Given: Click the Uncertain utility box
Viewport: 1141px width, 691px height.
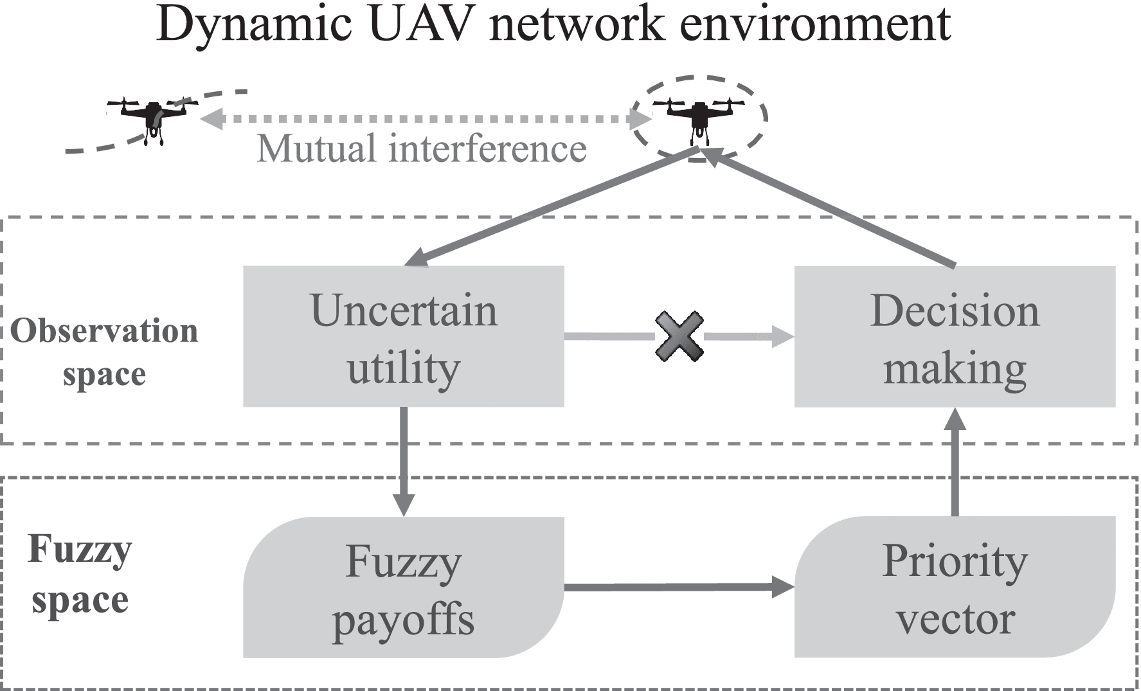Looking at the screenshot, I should (x=403, y=336).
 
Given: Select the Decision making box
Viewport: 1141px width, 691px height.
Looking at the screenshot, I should (x=955, y=336).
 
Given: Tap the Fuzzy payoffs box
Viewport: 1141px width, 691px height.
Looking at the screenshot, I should (x=403, y=587).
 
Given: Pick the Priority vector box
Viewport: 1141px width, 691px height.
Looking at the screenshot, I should (x=955, y=587).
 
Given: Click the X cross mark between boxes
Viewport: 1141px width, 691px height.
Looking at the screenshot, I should (x=679, y=336).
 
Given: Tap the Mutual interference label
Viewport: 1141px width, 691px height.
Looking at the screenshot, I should (x=422, y=149).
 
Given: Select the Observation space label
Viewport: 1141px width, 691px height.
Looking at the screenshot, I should (x=104, y=352).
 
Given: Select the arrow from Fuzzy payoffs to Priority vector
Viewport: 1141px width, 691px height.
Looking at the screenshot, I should (x=678, y=587).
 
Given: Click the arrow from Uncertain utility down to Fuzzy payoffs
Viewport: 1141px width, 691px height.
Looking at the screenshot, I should (x=404, y=460).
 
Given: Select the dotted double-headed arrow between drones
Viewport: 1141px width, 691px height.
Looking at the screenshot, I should (x=424, y=119).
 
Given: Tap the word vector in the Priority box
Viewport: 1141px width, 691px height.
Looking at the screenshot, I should (x=955, y=618).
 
